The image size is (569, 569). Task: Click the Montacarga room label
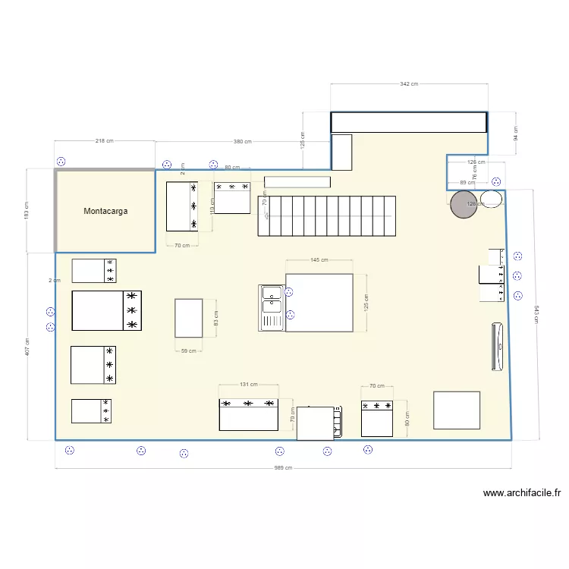105,212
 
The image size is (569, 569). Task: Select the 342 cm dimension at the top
409,84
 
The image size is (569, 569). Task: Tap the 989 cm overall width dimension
283,468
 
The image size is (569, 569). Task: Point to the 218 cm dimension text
105,141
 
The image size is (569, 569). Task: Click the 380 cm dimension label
243,142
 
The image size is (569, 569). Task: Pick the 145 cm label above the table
319,260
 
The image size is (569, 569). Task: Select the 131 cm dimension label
249,385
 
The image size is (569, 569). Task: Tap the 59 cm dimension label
188,351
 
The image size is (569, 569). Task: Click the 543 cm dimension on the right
536,313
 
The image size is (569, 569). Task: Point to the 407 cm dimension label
27,346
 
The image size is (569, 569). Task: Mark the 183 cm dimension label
27,210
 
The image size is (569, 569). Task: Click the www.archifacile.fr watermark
521,493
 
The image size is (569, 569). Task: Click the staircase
327,216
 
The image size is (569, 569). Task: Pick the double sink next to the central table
272,308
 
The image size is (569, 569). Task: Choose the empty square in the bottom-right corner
457,410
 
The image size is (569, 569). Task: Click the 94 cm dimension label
516,134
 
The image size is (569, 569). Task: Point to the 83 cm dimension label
215,318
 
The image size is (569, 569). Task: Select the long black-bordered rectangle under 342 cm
409,122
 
